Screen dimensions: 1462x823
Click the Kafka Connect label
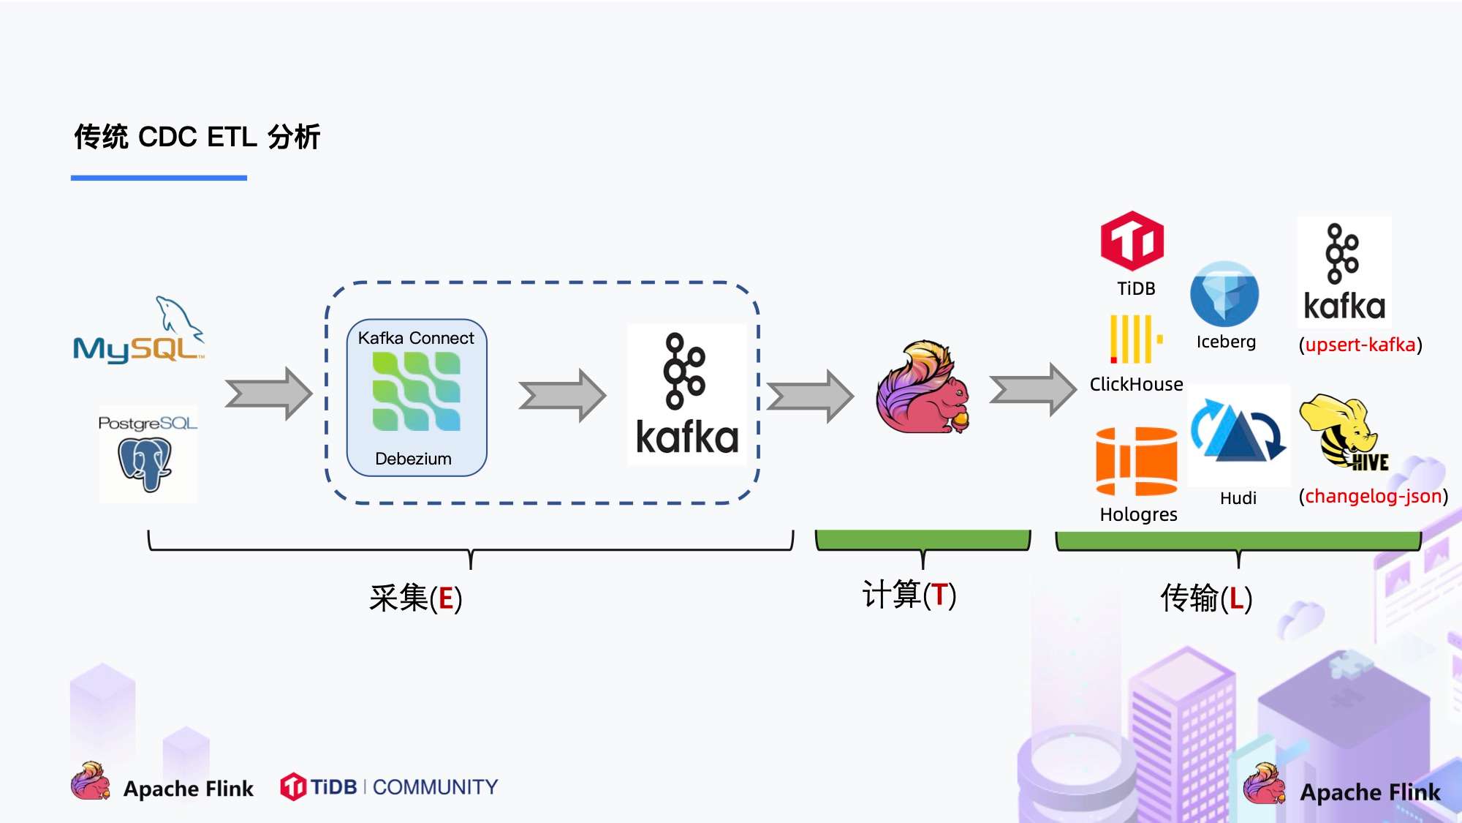[x=416, y=338]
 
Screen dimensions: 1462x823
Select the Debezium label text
[x=413, y=459]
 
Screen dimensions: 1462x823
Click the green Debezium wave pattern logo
[x=417, y=391]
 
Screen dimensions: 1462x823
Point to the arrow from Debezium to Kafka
[x=562, y=396]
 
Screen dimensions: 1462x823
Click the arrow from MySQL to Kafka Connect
[x=268, y=394]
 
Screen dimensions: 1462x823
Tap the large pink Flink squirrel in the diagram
[x=923, y=388]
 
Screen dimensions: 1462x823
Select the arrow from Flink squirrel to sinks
[x=1033, y=390]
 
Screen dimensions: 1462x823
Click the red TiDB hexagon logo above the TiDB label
[x=1132, y=241]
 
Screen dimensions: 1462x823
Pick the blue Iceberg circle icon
[x=1224, y=294]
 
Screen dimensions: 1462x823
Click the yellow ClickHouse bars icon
[x=1135, y=339]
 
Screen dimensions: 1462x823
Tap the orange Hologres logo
[x=1137, y=462]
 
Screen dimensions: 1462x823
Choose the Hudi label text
[x=1238, y=498]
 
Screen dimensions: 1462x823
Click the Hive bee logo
[x=1344, y=432]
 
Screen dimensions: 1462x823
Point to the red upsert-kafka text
[x=1360, y=345]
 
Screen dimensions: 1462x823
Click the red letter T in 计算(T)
[x=939, y=595]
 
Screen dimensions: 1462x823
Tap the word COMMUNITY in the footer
[x=435, y=787]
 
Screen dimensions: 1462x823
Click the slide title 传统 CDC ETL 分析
[x=197, y=137]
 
